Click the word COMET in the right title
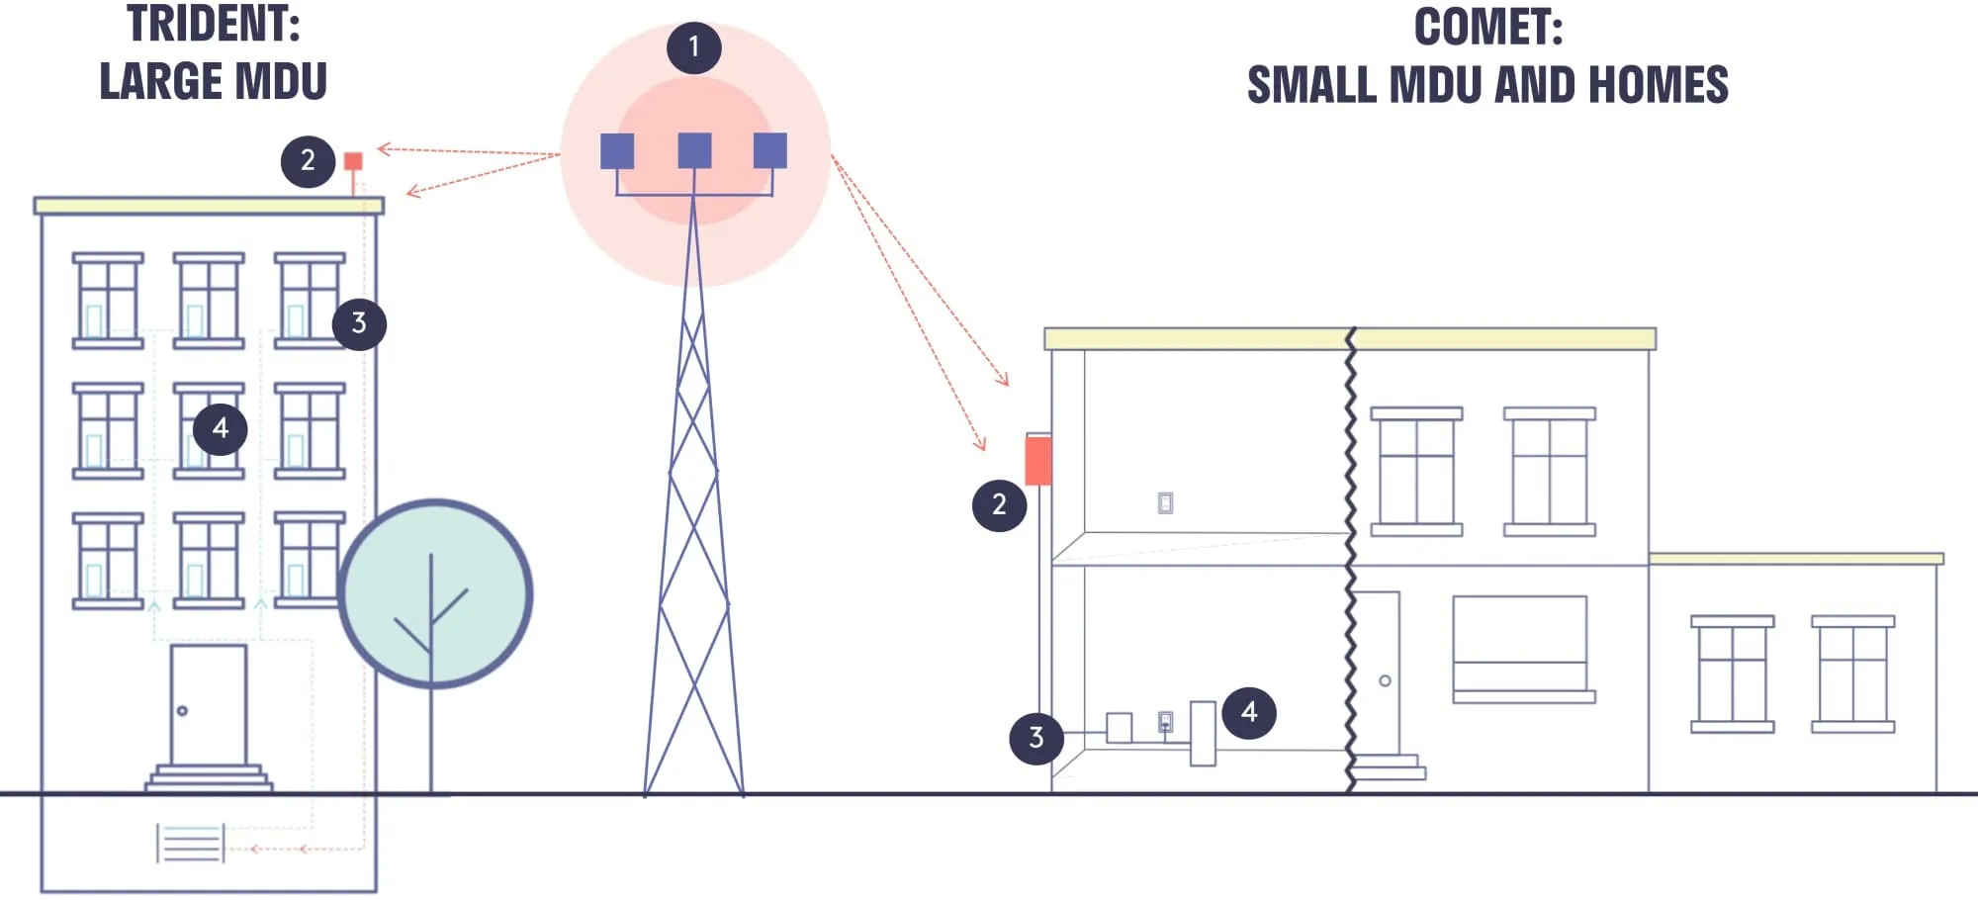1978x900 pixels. (1486, 27)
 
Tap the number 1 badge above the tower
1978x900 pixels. (693, 47)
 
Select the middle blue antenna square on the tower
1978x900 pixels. (694, 150)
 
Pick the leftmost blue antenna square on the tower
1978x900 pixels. (617, 150)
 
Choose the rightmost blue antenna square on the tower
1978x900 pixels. (770, 150)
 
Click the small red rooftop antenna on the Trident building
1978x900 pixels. (353, 161)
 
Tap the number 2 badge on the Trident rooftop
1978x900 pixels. (308, 160)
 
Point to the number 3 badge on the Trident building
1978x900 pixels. (359, 323)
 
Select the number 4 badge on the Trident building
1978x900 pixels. (220, 428)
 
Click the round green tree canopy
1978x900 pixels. (435, 593)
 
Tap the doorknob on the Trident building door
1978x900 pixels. (182, 710)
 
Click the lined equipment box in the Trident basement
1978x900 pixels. (191, 843)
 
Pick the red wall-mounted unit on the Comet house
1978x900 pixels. (1037, 461)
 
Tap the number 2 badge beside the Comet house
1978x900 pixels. (999, 504)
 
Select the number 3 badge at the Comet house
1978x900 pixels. (1035, 737)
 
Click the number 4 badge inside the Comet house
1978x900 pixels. (1249, 712)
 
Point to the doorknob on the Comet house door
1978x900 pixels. (1385, 680)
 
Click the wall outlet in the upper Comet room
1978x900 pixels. (1165, 503)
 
